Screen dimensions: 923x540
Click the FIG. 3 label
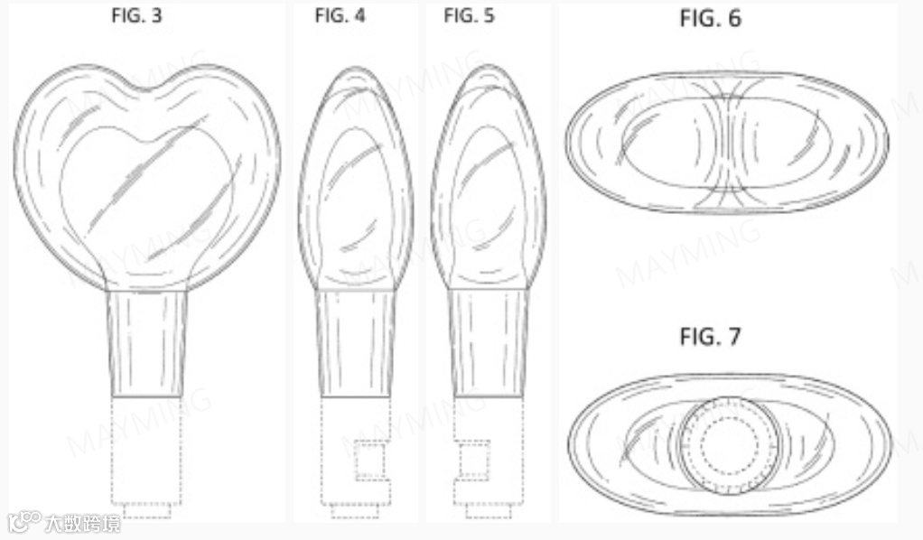136,15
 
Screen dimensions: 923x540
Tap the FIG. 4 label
340,15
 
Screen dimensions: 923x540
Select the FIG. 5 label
469,15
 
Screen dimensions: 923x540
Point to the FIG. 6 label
710,18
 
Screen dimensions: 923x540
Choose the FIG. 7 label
710,337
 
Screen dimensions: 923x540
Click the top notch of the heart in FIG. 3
146,89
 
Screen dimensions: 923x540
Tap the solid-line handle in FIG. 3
146,343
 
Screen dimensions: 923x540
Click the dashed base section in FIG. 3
146,451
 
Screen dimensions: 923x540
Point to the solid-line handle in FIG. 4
355,343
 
